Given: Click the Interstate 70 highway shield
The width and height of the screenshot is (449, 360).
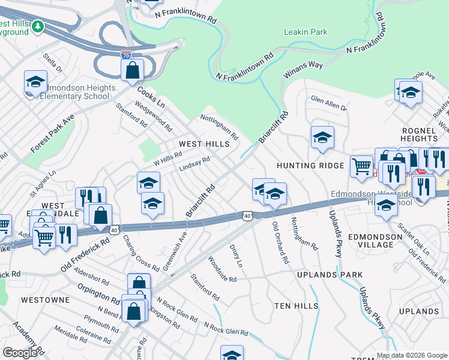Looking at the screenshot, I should [126, 55].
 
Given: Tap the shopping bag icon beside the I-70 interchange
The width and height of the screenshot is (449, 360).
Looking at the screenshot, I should [132, 70].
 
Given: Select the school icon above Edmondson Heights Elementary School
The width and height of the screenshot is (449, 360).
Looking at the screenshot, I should [35, 82].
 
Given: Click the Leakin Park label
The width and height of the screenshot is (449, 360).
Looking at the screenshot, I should [306, 32].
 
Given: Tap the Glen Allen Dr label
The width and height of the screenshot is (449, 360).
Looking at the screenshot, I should [328, 104].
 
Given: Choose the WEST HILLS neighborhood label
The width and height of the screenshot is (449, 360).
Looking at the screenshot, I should [204, 144].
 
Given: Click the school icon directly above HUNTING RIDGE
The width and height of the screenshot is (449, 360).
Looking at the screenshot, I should [322, 137].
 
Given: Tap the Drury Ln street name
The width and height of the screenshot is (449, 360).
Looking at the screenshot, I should [236, 256].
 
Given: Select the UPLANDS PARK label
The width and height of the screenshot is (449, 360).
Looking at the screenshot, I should [330, 275].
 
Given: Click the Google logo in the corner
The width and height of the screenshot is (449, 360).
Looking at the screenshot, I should [20, 353].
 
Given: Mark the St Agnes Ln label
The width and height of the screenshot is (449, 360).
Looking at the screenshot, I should [43, 183].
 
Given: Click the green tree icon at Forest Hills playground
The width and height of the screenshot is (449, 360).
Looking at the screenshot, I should [38, 26].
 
